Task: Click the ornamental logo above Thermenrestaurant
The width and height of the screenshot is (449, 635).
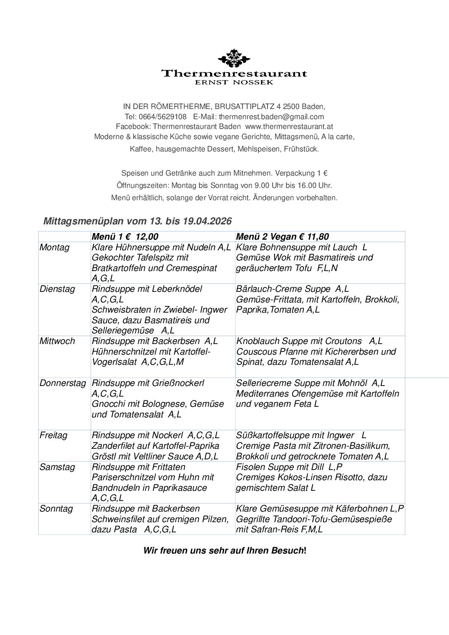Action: [234, 58]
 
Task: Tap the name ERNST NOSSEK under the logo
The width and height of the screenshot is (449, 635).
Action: [234, 82]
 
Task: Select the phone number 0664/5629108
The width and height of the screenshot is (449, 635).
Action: [163, 117]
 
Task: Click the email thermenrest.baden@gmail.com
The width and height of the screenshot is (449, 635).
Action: [271, 117]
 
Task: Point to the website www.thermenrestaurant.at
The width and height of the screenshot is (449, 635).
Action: [289, 126]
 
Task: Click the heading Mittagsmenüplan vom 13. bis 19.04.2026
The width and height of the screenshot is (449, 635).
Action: [138, 221]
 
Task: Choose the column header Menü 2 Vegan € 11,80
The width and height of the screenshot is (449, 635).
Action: [282, 237]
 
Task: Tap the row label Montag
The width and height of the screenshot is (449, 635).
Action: [54, 247]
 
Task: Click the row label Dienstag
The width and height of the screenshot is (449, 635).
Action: [57, 289]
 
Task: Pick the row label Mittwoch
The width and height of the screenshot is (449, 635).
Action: [57, 341]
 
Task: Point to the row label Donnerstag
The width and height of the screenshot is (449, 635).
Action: [63, 383]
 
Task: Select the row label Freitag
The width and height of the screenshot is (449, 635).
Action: [53, 435]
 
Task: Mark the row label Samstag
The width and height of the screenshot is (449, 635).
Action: [57, 467]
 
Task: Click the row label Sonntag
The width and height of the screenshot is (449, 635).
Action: [56, 509]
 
